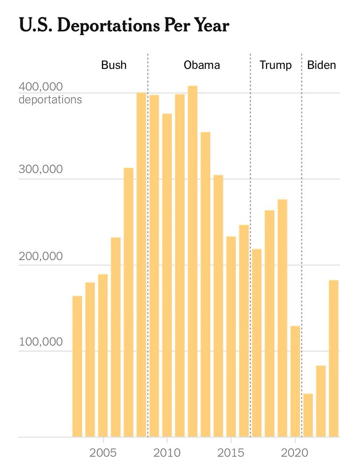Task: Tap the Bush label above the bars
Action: coord(114,65)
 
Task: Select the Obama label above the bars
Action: coord(201,65)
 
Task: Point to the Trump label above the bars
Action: coord(276,65)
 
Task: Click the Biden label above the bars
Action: coord(322,65)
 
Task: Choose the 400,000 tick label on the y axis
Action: coord(41,87)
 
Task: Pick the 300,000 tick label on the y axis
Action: coord(41,169)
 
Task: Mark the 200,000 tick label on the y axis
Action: coord(41,256)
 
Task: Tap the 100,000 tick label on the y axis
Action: coord(41,342)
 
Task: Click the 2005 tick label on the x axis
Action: coord(103,453)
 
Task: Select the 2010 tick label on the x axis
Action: coord(167,453)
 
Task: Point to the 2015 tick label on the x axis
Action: coord(231,453)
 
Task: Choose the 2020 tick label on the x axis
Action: coord(295,453)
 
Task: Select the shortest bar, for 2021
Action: coord(308,415)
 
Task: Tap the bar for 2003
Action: coord(77,366)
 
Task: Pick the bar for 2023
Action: coord(334,359)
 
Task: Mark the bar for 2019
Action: coord(282,319)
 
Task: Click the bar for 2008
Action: coord(141,264)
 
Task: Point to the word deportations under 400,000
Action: coord(50,100)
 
